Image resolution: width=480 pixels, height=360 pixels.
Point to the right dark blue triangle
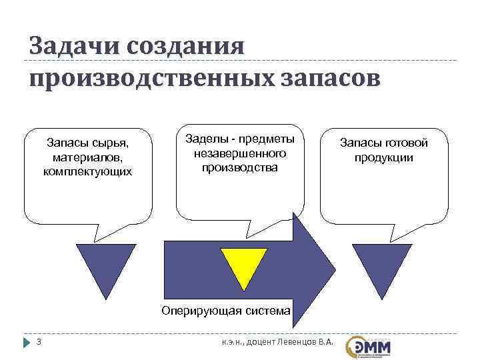coord(376,266)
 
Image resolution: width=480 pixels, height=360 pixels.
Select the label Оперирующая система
coord(226,310)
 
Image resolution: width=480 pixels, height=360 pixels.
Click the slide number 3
coord(39,343)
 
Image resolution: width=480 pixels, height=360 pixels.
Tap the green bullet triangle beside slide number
coord(27,343)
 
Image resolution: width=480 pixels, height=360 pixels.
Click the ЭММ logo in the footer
coord(369,346)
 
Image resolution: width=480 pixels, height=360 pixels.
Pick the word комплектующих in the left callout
coord(87,171)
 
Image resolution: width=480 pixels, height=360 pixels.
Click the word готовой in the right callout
coord(404,143)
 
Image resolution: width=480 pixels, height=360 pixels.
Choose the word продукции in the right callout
coord(383,157)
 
